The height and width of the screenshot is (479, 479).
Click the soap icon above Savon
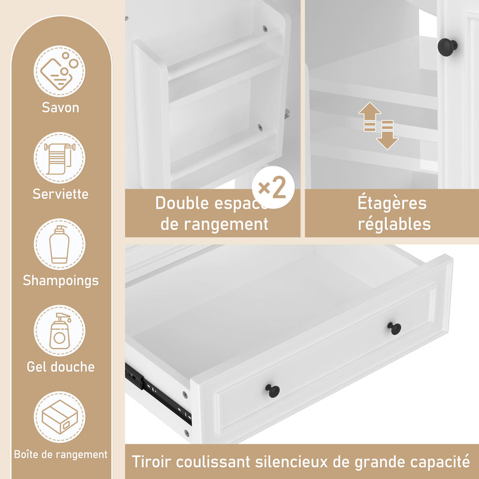[x=60, y=71]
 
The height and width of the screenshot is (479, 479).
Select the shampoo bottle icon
[x=60, y=244]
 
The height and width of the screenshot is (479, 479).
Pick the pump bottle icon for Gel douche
[x=60, y=331]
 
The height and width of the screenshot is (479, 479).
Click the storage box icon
[x=60, y=417]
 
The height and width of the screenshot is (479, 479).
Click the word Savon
[x=60, y=108]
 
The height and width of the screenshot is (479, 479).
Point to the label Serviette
[x=60, y=194]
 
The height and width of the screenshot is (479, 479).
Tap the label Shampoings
[x=60, y=280]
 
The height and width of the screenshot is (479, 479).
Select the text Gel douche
[x=60, y=366]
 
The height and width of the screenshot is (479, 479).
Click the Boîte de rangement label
[x=60, y=454]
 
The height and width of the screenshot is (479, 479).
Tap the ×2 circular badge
[x=272, y=188]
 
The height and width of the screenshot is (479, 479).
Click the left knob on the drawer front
[x=272, y=390]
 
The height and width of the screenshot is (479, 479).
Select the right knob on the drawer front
[x=394, y=328]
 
